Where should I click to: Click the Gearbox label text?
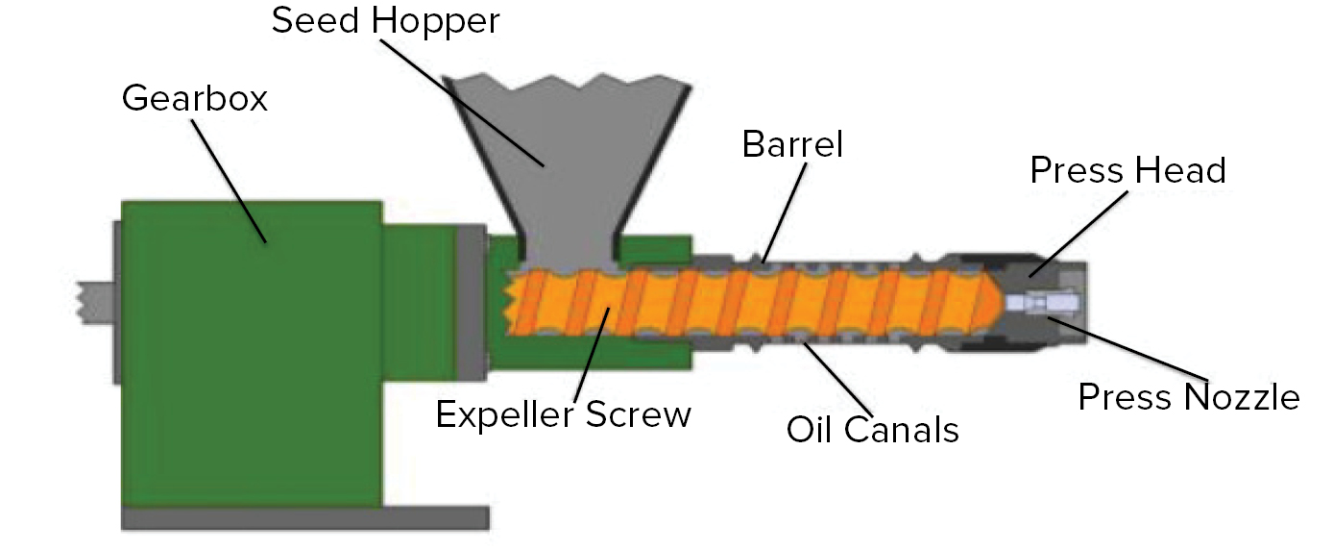pos(194,98)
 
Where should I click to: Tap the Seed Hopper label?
pos(386,21)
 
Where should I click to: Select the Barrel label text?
pos(792,144)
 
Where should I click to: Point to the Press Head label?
pos(1127,171)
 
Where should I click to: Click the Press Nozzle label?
pos(1189,396)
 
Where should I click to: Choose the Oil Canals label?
pos(872,429)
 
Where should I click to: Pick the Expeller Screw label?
pos(563,414)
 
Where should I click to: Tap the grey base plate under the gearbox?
pos(305,517)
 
